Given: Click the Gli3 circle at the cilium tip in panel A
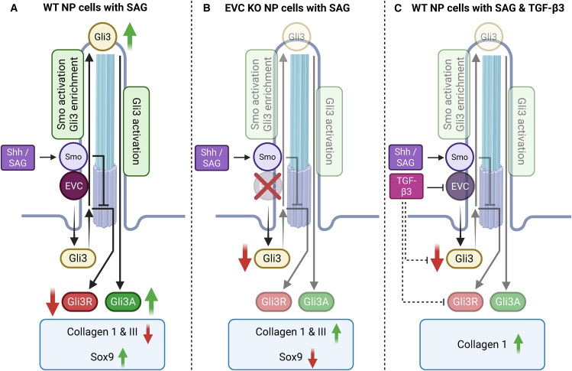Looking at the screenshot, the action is pyautogui.click(x=102, y=37).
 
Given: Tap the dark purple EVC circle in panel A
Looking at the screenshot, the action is pyautogui.click(x=74, y=186).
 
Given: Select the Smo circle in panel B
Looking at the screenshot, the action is pyautogui.click(x=267, y=157).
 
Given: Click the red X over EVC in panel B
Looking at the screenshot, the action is pyautogui.click(x=267, y=187).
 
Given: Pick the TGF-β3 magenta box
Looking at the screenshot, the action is pyautogui.click(x=406, y=187).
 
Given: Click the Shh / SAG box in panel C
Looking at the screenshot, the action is pyautogui.click(x=406, y=157).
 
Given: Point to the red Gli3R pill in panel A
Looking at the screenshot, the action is pyautogui.click(x=80, y=301).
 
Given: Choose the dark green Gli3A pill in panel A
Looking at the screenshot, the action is pyautogui.click(x=123, y=301).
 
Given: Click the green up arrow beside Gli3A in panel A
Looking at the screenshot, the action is pyautogui.click(x=151, y=301).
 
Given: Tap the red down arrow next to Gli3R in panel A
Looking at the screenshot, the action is pyautogui.click(x=53, y=301).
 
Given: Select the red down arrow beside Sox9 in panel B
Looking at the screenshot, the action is pyautogui.click(x=312, y=358).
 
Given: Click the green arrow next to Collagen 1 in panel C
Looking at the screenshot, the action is pyautogui.click(x=518, y=344).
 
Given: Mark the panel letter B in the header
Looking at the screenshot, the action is pyautogui.click(x=207, y=8).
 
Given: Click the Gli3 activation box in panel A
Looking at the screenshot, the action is pyautogui.click(x=137, y=132).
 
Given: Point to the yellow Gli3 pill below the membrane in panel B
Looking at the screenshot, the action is pyautogui.click(x=272, y=259).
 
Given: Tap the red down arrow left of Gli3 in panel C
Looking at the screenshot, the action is pyautogui.click(x=437, y=259).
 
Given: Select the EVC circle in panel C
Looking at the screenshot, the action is pyautogui.click(x=460, y=186).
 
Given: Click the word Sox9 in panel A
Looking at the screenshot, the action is pyautogui.click(x=102, y=356).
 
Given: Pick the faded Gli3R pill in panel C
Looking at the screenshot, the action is pyautogui.click(x=465, y=301).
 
